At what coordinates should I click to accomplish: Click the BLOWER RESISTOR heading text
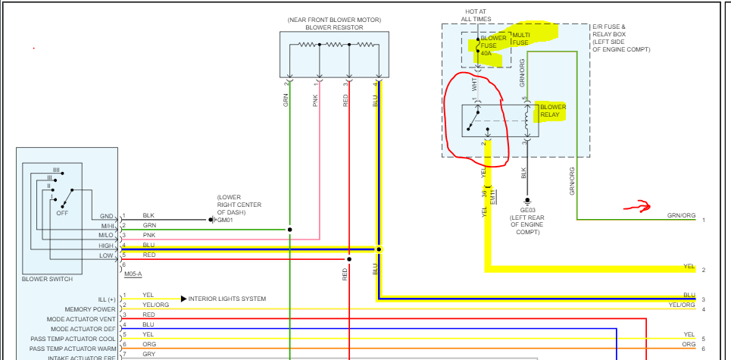(334, 27)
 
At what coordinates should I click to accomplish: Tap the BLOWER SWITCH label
(48, 280)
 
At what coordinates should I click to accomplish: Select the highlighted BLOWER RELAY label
(552, 111)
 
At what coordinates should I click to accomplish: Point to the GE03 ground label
(527, 210)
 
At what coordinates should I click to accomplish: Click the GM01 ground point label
(226, 221)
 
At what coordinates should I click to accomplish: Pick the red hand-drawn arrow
(637, 206)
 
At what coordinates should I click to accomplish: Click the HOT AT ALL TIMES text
(476, 15)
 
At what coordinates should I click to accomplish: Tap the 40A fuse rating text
(485, 54)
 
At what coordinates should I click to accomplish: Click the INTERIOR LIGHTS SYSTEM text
(227, 299)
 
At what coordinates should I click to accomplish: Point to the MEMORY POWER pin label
(90, 309)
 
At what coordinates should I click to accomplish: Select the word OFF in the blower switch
(62, 213)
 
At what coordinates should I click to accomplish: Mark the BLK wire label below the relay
(523, 173)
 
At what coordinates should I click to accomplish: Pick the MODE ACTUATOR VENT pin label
(81, 319)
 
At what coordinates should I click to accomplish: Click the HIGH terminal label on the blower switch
(105, 246)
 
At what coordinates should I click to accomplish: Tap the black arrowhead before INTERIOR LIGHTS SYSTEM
(183, 299)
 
